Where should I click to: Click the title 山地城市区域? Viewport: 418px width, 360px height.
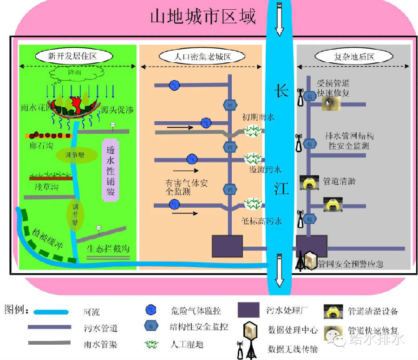(x=203, y=17)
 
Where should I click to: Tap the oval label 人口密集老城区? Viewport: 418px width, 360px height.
(x=202, y=57)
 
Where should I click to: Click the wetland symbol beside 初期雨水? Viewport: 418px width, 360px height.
(x=253, y=131)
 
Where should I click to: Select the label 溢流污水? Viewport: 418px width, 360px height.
(x=265, y=169)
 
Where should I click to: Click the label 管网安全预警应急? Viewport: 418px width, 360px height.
(x=351, y=264)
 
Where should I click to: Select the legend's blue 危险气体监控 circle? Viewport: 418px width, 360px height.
(x=150, y=310)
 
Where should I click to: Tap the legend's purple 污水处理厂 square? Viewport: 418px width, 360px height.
(x=248, y=310)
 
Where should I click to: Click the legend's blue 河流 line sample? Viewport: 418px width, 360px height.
(x=50, y=312)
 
